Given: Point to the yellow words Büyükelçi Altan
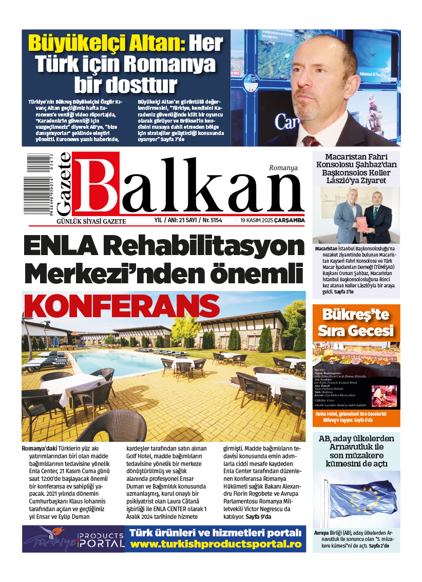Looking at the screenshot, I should coord(106,43).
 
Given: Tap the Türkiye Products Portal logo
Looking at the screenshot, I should coord(73,539).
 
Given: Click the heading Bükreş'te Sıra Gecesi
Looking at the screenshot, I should coord(356,322).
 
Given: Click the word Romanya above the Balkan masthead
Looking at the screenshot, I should coord(283,167).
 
